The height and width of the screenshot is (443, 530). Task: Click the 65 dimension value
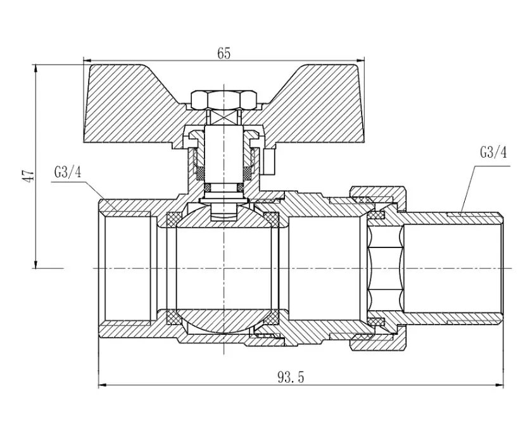[224, 53]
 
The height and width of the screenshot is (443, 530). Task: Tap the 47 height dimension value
[28, 176]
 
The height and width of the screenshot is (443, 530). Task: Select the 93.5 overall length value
[291, 377]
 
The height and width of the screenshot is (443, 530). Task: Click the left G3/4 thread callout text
[68, 172]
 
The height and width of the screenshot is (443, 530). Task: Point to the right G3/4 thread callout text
[493, 152]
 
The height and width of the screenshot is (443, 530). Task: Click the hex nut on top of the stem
[224, 100]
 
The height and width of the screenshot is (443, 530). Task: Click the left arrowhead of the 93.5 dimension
[103, 385]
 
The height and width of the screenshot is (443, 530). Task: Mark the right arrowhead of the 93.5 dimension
[499, 385]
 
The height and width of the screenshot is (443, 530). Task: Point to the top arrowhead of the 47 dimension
[35, 68]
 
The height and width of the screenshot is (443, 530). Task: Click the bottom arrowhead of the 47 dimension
[35, 264]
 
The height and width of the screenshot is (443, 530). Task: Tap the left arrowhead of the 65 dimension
[87, 61]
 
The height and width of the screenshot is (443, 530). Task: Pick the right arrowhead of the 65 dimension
[360, 61]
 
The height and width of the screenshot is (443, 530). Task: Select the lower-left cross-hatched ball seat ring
[174, 317]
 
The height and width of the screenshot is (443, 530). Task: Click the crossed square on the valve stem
[224, 117]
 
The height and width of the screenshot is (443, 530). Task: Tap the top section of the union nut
[377, 197]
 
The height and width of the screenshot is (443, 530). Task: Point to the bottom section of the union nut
[377, 339]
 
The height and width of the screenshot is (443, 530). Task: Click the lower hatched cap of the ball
[224, 320]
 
